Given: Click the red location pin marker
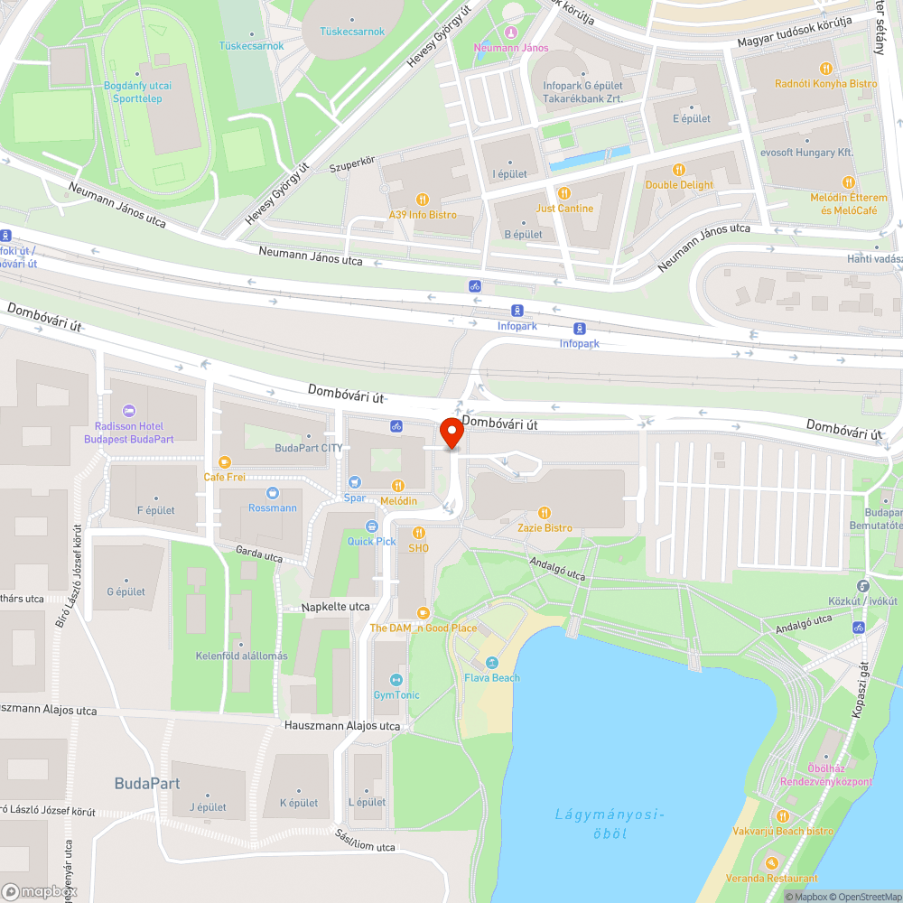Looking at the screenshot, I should pyautogui.click(x=451, y=433).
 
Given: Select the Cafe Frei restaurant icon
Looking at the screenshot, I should pyautogui.click(x=225, y=461).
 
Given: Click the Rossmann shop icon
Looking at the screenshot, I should pyautogui.click(x=273, y=493).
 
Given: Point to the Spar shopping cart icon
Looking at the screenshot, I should pyautogui.click(x=355, y=482).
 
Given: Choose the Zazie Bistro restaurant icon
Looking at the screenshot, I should pyautogui.click(x=545, y=512).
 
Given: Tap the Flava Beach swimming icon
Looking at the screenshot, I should pyautogui.click(x=492, y=663).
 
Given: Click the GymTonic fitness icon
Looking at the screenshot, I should pyautogui.click(x=396, y=679).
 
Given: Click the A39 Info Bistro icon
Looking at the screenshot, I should pyautogui.click(x=422, y=200).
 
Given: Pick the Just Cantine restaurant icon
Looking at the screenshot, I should pyautogui.click(x=564, y=193).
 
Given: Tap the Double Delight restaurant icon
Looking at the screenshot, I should pyautogui.click(x=679, y=170).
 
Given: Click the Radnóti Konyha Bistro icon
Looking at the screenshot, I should pyautogui.click(x=825, y=69).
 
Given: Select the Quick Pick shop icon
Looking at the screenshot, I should pyautogui.click(x=371, y=526).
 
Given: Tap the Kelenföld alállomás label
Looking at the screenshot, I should pyautogui.click(x=242, y=656).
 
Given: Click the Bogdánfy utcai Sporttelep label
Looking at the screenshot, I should pyautogui.click(x=138, y=92).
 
